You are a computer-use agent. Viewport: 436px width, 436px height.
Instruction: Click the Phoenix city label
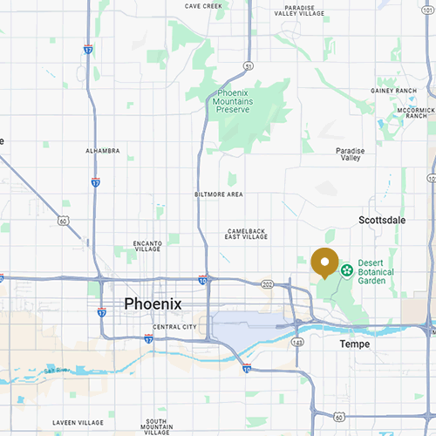pyautogui.click(x=153, y=303)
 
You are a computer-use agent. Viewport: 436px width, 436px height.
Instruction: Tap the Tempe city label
pyautogui.click(x=354, y=344)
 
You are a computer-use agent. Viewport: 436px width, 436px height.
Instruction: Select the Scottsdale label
pyautogui.click(x=382, y=221)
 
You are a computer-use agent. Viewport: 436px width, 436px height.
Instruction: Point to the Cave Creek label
pyautogui.click(x=204, y=6)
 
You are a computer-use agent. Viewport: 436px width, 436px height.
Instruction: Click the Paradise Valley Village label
pyautogui.click(x=299, y=10)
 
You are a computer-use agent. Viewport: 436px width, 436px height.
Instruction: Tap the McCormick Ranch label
pyautogui.click(x=414, y=114)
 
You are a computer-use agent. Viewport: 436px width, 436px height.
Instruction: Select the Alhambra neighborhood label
pyautogui.click(x=102, y=151)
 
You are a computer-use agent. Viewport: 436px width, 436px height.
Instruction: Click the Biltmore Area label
pyautogui.click(x=218, y=194)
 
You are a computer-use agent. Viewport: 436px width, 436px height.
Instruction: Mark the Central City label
pyautogui.click(x=174, y=327)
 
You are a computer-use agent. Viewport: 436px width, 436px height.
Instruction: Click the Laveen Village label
pyautogui.click(x=78, y=423)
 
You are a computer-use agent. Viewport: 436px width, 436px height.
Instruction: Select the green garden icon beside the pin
pyautogui.click(x=346, y=270)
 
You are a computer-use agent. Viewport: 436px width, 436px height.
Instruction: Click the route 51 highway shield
pyautogui.click(x=249, y=65)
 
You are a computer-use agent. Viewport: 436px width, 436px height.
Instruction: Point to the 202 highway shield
pyautogui.click(x=268, y=284)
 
